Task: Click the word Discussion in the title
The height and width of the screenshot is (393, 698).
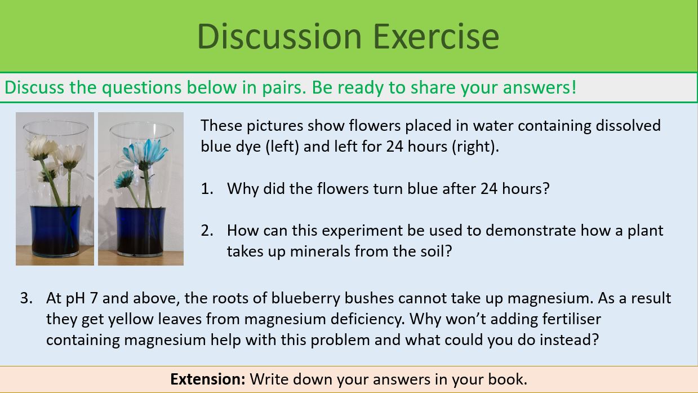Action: [x=279, y=36]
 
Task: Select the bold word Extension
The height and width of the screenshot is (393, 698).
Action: [x=207, y=378]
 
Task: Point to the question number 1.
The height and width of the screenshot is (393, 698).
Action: [x=206, y=188]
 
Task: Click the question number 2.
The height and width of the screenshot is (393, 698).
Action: [x=206, y=230]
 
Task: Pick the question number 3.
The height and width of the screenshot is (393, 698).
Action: [x=26, y=298]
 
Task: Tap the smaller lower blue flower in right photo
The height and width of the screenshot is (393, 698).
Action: [x=124, y=179]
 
